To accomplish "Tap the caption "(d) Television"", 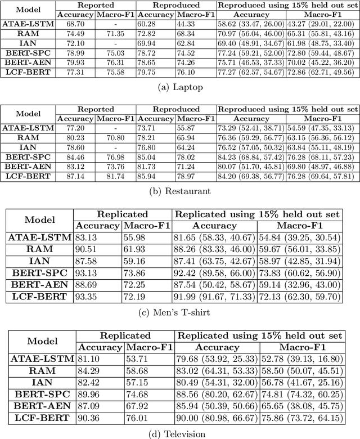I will [x=179, y=433].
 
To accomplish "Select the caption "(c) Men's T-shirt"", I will [x=179, y=313].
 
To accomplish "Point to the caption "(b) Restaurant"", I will [x=179, y=191].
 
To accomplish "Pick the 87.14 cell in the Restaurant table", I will [x=75, y=176].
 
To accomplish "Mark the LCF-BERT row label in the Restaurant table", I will [x=28, y=176].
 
